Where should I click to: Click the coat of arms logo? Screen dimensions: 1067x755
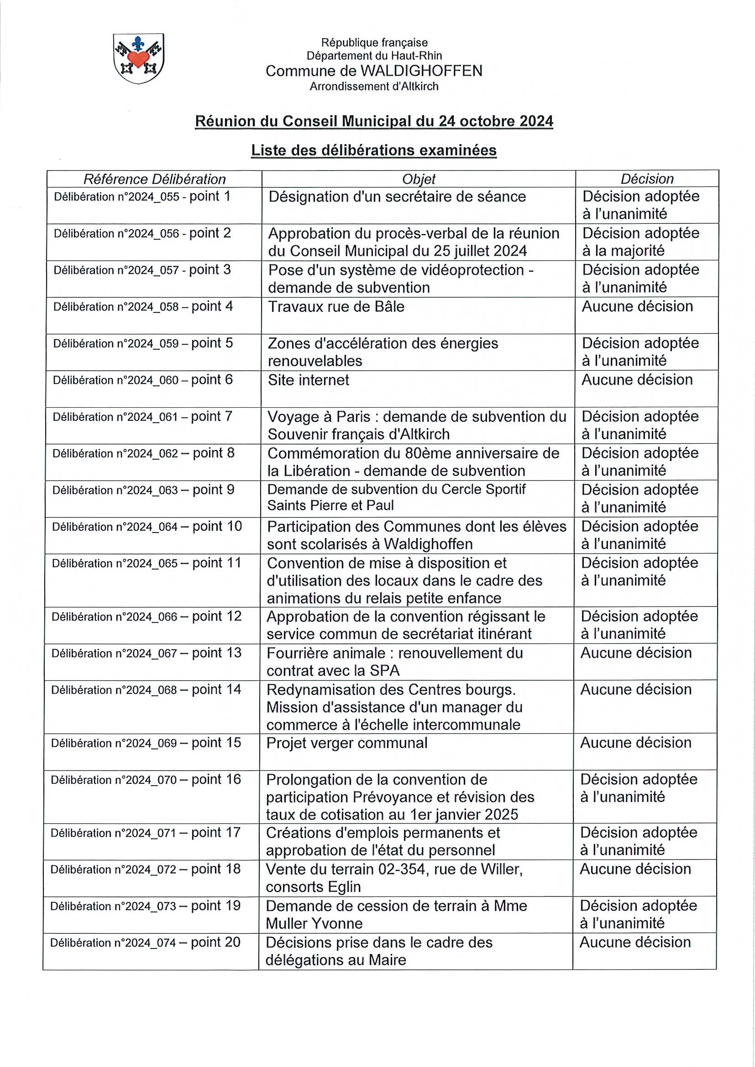tap(139, 58)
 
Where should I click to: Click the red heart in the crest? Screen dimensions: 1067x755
tap(139, 58)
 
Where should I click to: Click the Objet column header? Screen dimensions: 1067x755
tap(419, 179)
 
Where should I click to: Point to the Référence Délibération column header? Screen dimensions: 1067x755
tap(154, 179)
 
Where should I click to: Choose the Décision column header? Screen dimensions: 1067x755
tap(647, 179)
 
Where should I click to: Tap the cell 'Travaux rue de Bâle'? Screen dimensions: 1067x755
tap(336, 307)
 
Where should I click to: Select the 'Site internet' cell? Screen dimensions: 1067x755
tap(309, 380)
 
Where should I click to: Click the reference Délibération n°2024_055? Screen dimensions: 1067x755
tap(117, 197)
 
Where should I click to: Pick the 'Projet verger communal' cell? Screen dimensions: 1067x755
tap(346, 743)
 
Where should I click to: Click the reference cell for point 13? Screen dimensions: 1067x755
tap(147, 653)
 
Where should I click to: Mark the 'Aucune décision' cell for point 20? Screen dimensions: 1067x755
tap(635, 942)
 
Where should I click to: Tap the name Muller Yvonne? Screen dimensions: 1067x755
tap(314, 923)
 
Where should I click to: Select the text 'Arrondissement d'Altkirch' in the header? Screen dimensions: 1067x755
tap(374, 87)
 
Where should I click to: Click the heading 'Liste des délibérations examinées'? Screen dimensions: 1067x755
tap(373, 150)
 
